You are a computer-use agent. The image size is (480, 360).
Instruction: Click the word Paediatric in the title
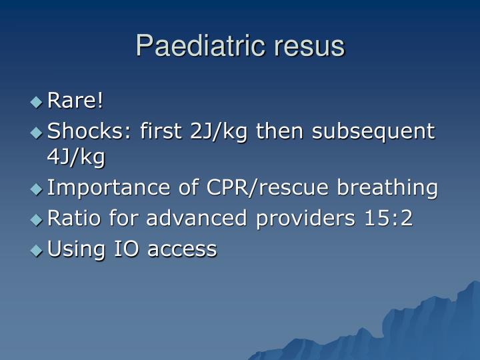click(189, 46)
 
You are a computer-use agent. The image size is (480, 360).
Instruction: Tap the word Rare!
click(75, 101)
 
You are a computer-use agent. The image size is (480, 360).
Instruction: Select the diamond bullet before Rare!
click(36, 102)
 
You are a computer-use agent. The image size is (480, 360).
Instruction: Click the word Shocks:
click(91, 131)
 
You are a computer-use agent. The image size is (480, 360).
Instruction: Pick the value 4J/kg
click(76, 157)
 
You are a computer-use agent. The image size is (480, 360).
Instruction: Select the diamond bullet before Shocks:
click(36, 132)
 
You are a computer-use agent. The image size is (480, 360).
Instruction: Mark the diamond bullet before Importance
click(36, 189)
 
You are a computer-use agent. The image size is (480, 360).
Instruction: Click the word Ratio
click(71, 219)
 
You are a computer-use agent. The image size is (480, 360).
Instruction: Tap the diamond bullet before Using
click(36, 250)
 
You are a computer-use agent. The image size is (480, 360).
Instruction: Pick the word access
click(182, 249)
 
